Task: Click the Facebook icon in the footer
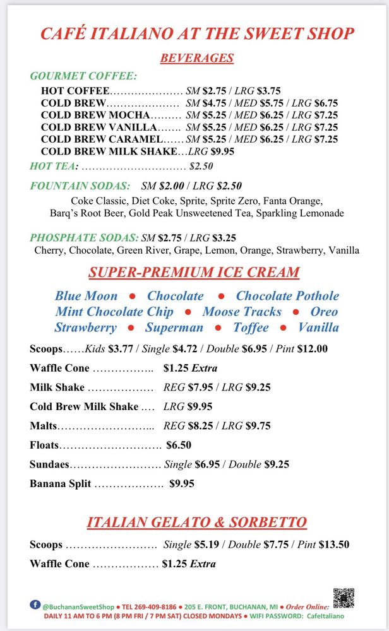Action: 34,604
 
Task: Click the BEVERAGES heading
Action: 196,58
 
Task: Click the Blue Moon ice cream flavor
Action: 86,296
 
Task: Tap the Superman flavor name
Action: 174,327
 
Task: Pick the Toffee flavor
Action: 251,327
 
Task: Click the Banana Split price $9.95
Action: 182,484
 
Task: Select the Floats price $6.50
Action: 179,445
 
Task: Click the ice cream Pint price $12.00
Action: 314,348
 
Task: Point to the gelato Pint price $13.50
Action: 335,545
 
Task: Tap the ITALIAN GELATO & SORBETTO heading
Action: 196,522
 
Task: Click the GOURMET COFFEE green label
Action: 83,76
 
